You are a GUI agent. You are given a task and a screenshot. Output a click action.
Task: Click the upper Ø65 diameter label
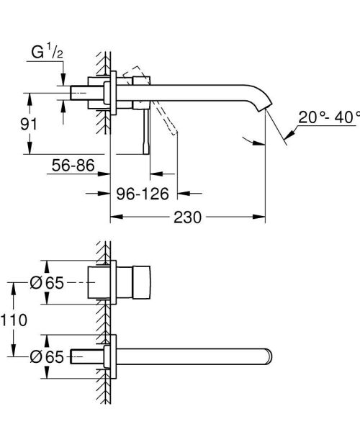[48, 284]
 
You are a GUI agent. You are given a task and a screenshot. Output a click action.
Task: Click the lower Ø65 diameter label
[48, 356]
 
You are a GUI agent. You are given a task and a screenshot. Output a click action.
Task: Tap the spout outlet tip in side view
[266, 109]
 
